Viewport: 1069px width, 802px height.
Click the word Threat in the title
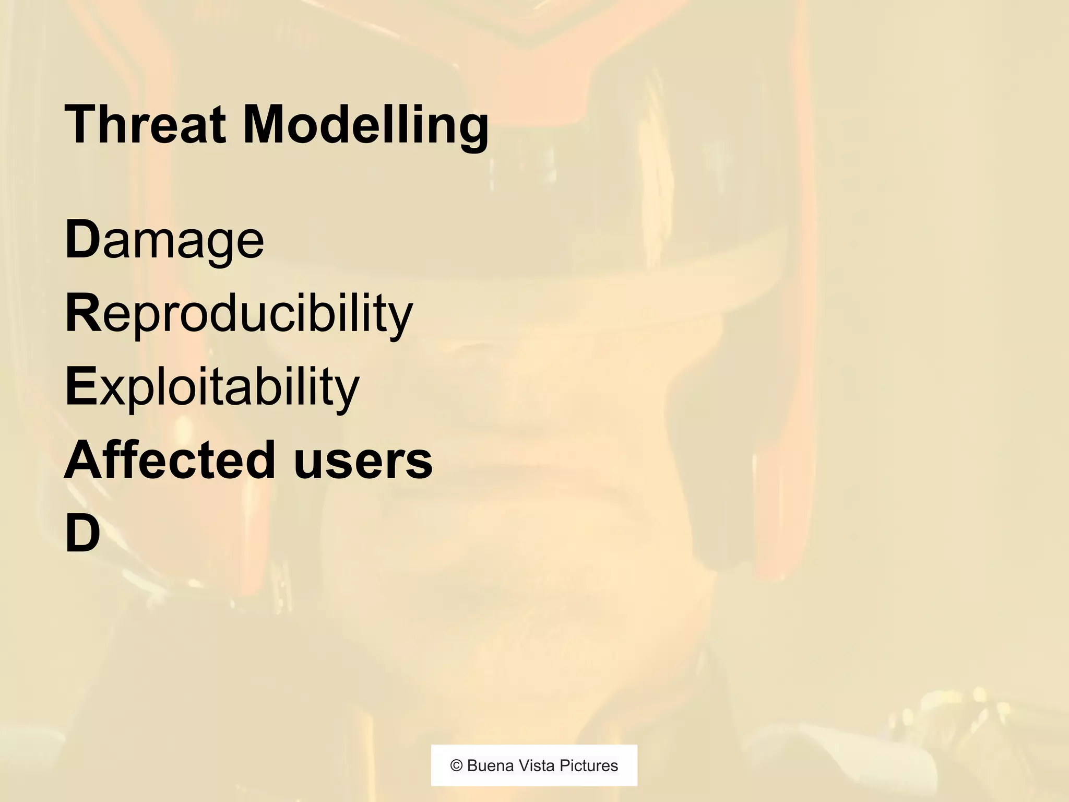pyautogui.click(x=145, y=125)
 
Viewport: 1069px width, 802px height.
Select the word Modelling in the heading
pyautogui.click(x=365, y=126)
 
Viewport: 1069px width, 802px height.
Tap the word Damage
pyautogui.click(x=164, y=241)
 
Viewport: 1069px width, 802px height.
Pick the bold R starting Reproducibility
pyautogui.click(x=82, y=313)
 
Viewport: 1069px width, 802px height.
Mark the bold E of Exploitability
pyautogui.click(x=81, y=386)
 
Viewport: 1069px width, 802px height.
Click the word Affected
pyautogui.click(x=169, y=459)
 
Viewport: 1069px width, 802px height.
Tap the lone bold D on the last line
pyautogui.click(x=82, y=533)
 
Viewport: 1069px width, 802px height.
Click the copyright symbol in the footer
pyautogui.click(x=457, y=765)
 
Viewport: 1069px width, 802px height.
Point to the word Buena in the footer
pyautogui.click(x=490, y=765)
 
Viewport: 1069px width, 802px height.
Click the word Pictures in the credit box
pyautogui.click(x=589, y=765)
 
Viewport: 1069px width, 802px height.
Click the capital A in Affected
pyautogui.click(x=84, y=459)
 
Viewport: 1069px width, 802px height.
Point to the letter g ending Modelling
pyautogui.click(x=472, y=131)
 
